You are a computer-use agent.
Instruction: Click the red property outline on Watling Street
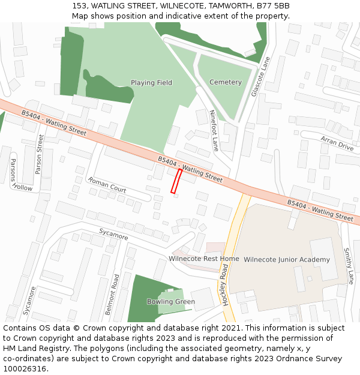pyautogui.click(x=176, y=181)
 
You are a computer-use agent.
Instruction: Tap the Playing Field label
pyautogui.click(x=151, y=83)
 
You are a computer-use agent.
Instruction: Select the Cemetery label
pyautogui.click(x=226, y=82)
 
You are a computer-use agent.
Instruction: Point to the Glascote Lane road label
pyautogui.click(x=262, y=77)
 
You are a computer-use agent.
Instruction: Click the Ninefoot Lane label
pyautogui.click(x=214, y=130)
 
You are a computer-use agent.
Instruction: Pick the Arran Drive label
pyautogui.click(x=337, y=143)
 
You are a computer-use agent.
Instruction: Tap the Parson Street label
pyautogui.click(x=40, y=154)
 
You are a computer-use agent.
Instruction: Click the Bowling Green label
pyautogui.click(x=171, y=301)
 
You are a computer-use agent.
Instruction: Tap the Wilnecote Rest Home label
pyautogui.click(x=203, y=259)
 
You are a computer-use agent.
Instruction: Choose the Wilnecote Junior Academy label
pyautogui.click(x=287, y=259)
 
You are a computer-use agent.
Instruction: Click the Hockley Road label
pyautogui.click(x=226, y=286)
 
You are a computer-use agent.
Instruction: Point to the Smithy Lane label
pyautogui.click(x=347, y=266)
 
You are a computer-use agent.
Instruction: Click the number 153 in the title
pyautogui.click(x=79, y=6)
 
